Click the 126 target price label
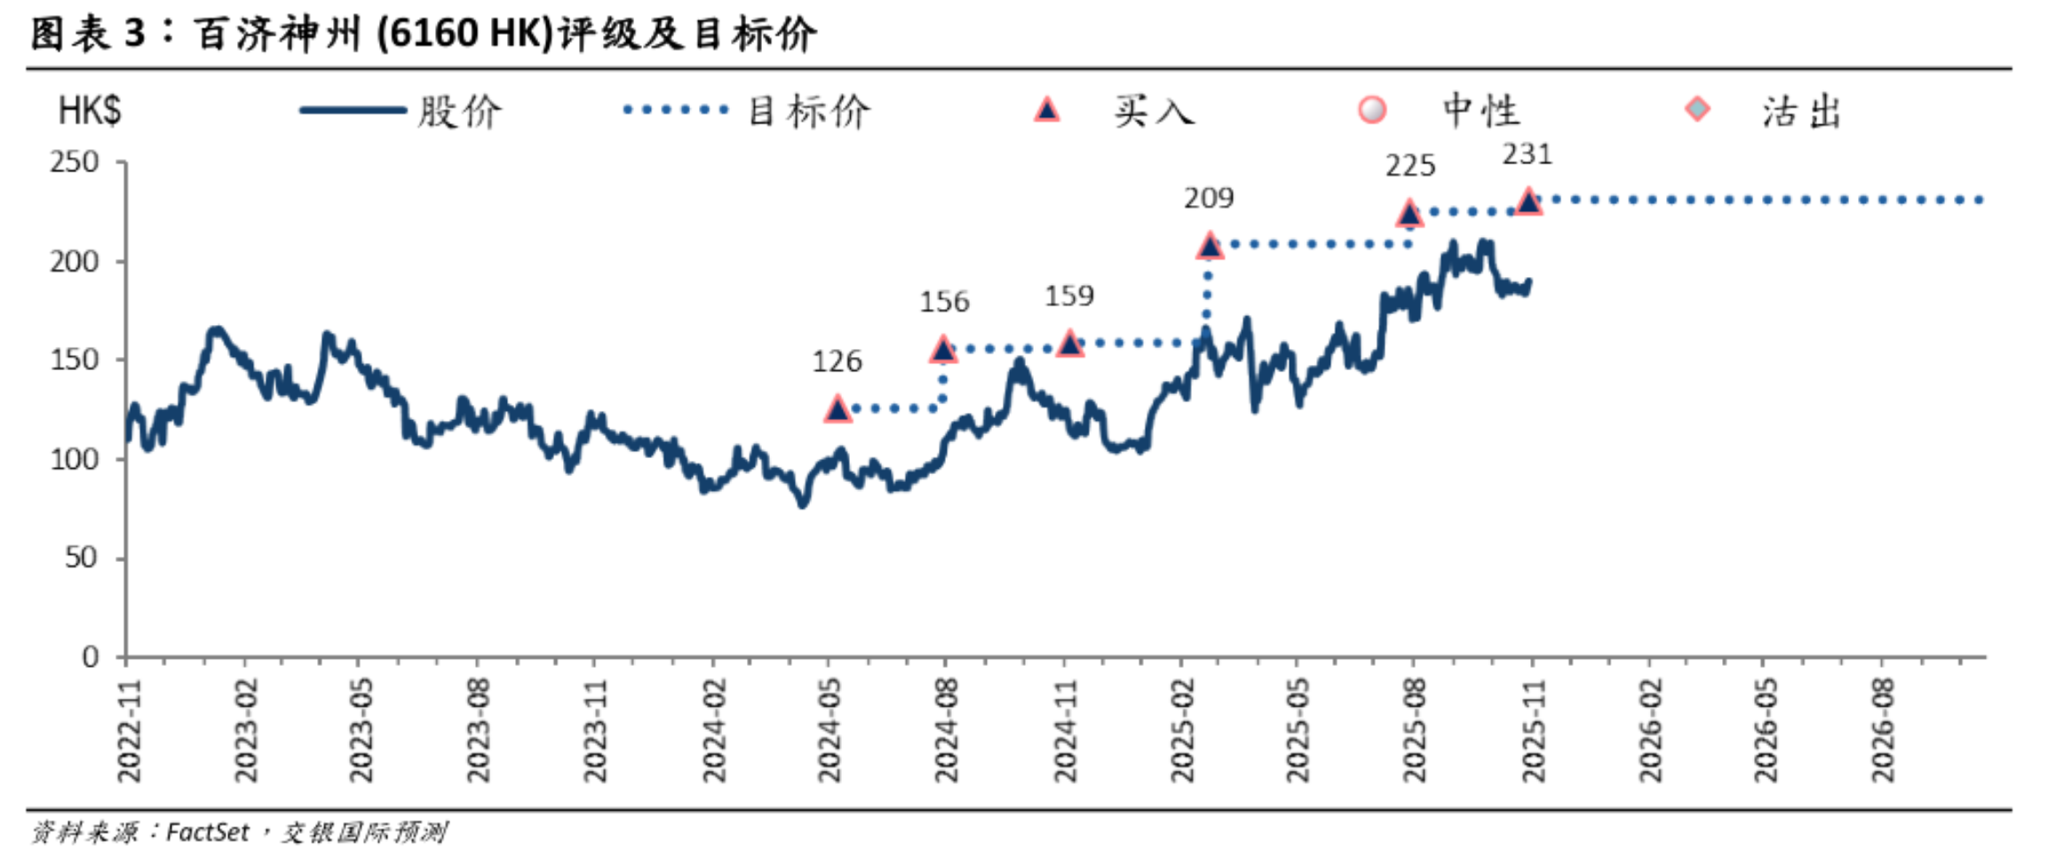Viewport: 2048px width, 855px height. point(837,360)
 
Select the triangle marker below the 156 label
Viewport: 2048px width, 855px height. point(943,350)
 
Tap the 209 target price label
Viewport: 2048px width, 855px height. point(1209,198)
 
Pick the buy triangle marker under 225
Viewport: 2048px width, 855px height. point(1409,214)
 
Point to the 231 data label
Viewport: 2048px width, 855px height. point(1527,154)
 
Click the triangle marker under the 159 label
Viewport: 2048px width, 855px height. point(1070,343)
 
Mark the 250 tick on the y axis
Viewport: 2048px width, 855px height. point(75,162)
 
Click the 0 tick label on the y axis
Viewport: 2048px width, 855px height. point(90,657)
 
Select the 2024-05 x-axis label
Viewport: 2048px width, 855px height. point(829,731)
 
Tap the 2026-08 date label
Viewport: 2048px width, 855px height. point(1882,731)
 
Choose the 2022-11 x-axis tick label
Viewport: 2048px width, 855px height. point(129,731)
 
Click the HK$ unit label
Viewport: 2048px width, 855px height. point(89,112)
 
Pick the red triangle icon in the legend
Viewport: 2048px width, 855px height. point(1047,110)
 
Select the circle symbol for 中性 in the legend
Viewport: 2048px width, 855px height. point(1372,110)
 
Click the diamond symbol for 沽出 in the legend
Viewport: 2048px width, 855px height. point(1697,110)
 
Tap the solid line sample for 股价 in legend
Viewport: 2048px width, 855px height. point(353,111)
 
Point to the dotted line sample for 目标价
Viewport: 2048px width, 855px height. point(676,111)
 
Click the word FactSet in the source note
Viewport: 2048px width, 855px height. point(208,832)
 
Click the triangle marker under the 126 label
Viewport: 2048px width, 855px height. point(837,409)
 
